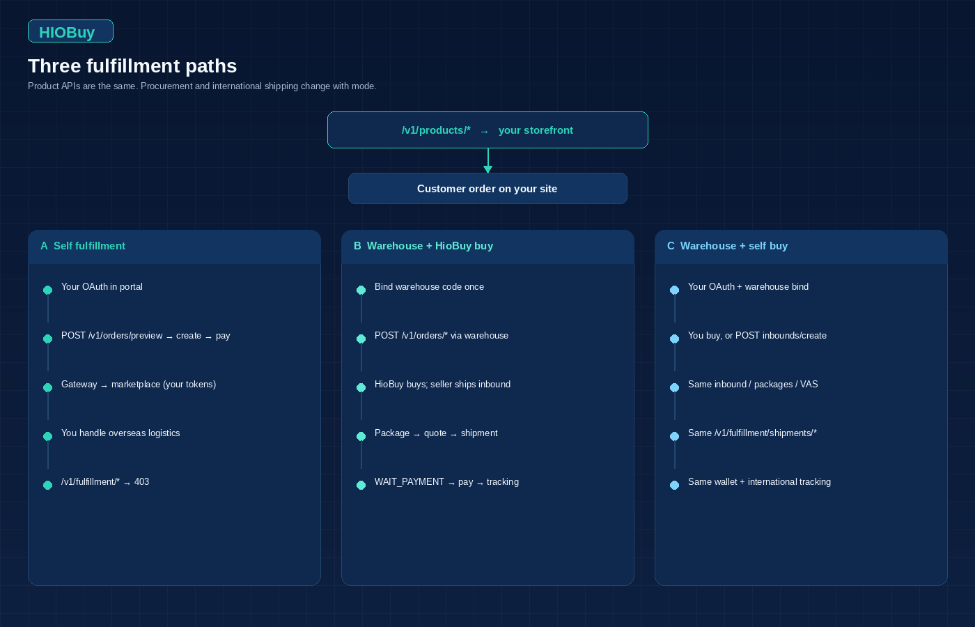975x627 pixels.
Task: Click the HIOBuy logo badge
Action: (x=70, y=31)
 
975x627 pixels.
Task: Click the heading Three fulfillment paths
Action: (x=132, y=66)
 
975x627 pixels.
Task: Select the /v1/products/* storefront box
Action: (x=487, y=130)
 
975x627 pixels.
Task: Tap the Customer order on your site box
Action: (x=487, y=189)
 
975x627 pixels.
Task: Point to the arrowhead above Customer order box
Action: (x=488, y=169)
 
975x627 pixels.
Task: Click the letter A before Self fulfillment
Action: (x=44, y=246)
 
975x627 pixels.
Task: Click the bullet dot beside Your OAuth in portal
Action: (x=48, y=290)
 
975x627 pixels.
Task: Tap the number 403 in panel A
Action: (x=141, y=481)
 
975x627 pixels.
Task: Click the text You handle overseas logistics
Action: (x=120, y=433)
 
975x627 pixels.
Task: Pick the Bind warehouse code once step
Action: (x=429, y=287)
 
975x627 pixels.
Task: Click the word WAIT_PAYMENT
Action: (x=409, y=482)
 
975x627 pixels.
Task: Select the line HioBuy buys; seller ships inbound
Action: (x=443, y=385)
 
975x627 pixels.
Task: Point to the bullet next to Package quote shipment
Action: (x=361, y=436)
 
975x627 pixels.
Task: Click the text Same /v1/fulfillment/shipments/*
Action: (x=752, y=433)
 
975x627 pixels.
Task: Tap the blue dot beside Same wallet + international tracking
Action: (x=675, y=485)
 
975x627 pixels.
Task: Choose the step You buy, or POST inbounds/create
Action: (x=758, y=336)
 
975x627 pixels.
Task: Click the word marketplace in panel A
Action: (x=136, y=385)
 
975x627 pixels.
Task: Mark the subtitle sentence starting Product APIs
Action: (x=202, y=86)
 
